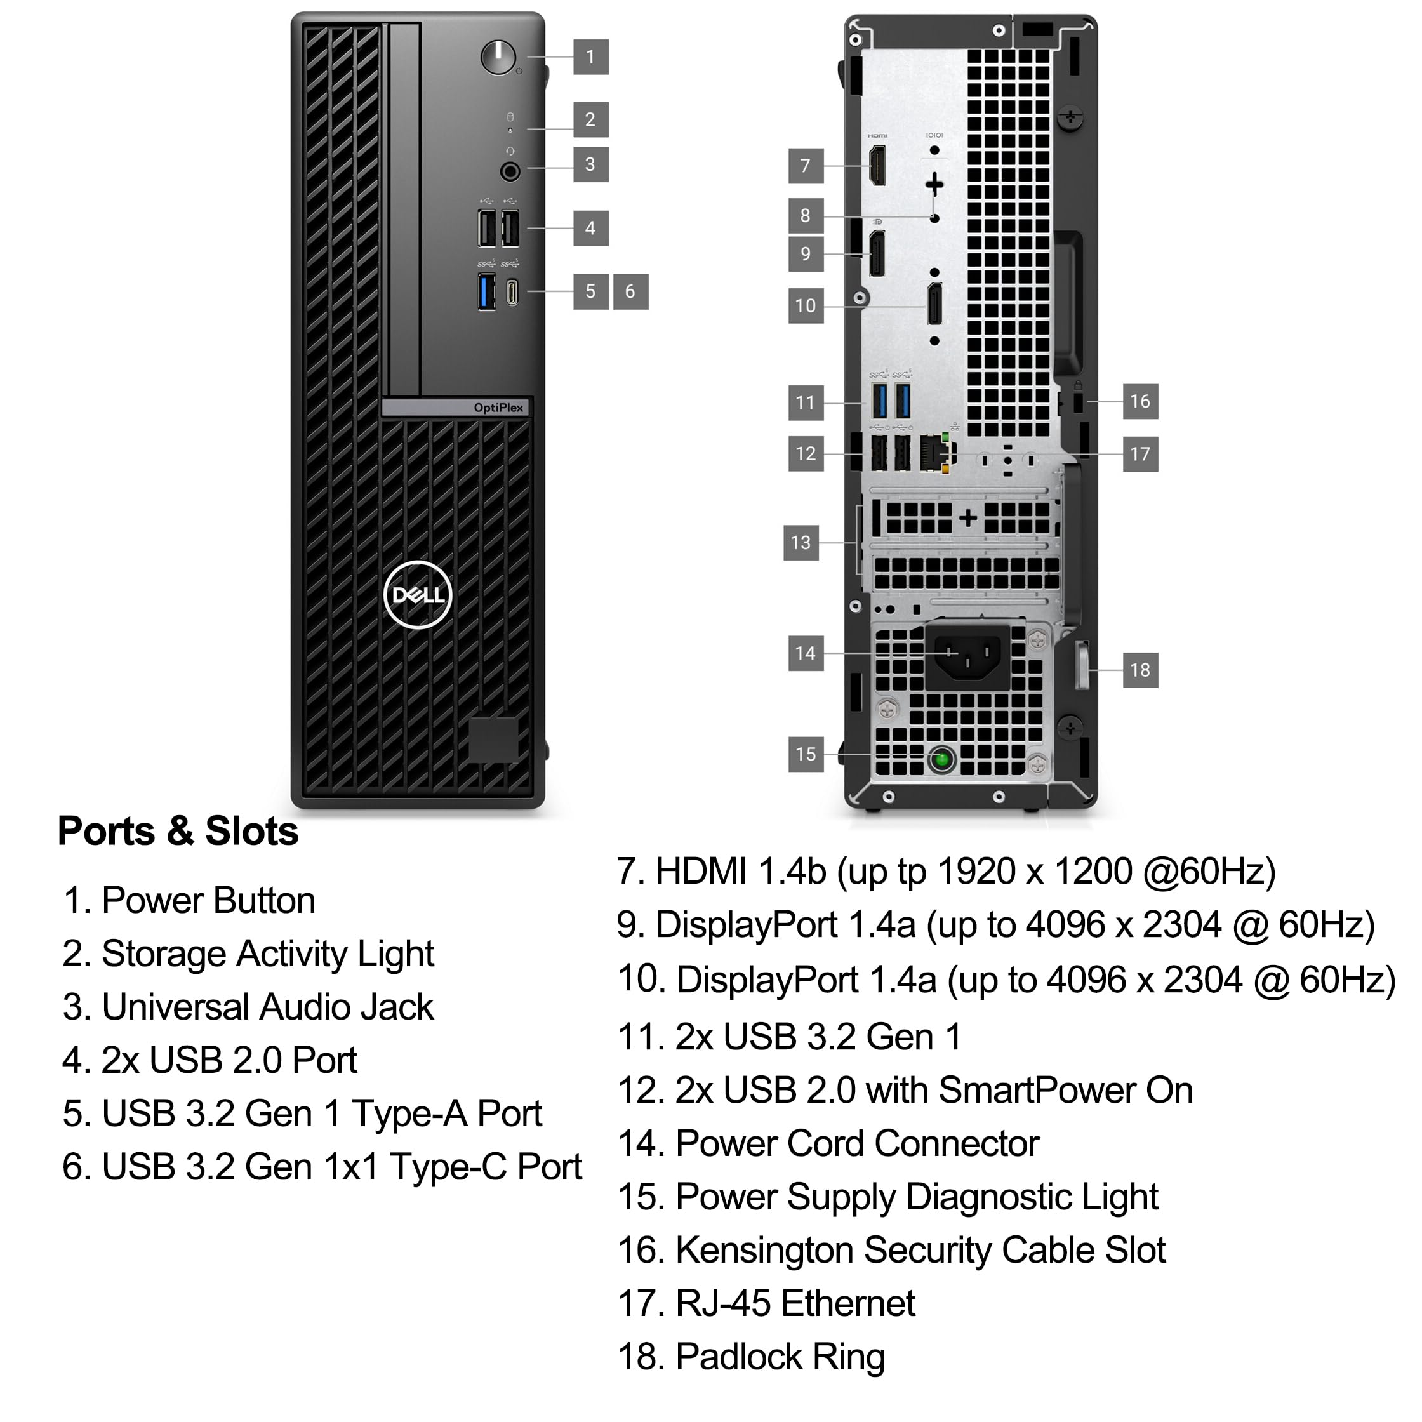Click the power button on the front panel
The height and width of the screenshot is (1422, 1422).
pyautogui.click(x=498, y=56)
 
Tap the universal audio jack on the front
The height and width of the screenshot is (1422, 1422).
pyautogui.click(x=510, y=171)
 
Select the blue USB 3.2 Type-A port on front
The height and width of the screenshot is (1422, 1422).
pyautogui.click(x=486, y=291)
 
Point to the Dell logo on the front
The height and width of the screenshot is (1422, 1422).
pyautogui.click(x=417, y=595)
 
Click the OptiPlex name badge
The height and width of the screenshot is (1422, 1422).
pyautogui.click(x=498, y=408)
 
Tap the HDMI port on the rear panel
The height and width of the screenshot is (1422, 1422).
pyautogui.click(x=877, y=165)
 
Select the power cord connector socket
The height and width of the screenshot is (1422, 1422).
pyautogui.click(x=967, y=655)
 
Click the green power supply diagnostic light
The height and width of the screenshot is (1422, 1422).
pyautogui.click(x=941, y=759)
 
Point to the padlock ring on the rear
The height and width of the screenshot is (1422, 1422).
pyautogui.click(x=1082, y=666)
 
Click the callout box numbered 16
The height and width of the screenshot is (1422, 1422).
pyautogui.click(x=1140, y=401)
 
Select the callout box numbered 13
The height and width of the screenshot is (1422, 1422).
pyautogui.click(x=801, y=542)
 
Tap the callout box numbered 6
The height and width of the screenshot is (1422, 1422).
pyautogui.click(x=630, y=291)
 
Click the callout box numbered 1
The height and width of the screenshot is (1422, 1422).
pyautogui.click(x=590, y=56)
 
